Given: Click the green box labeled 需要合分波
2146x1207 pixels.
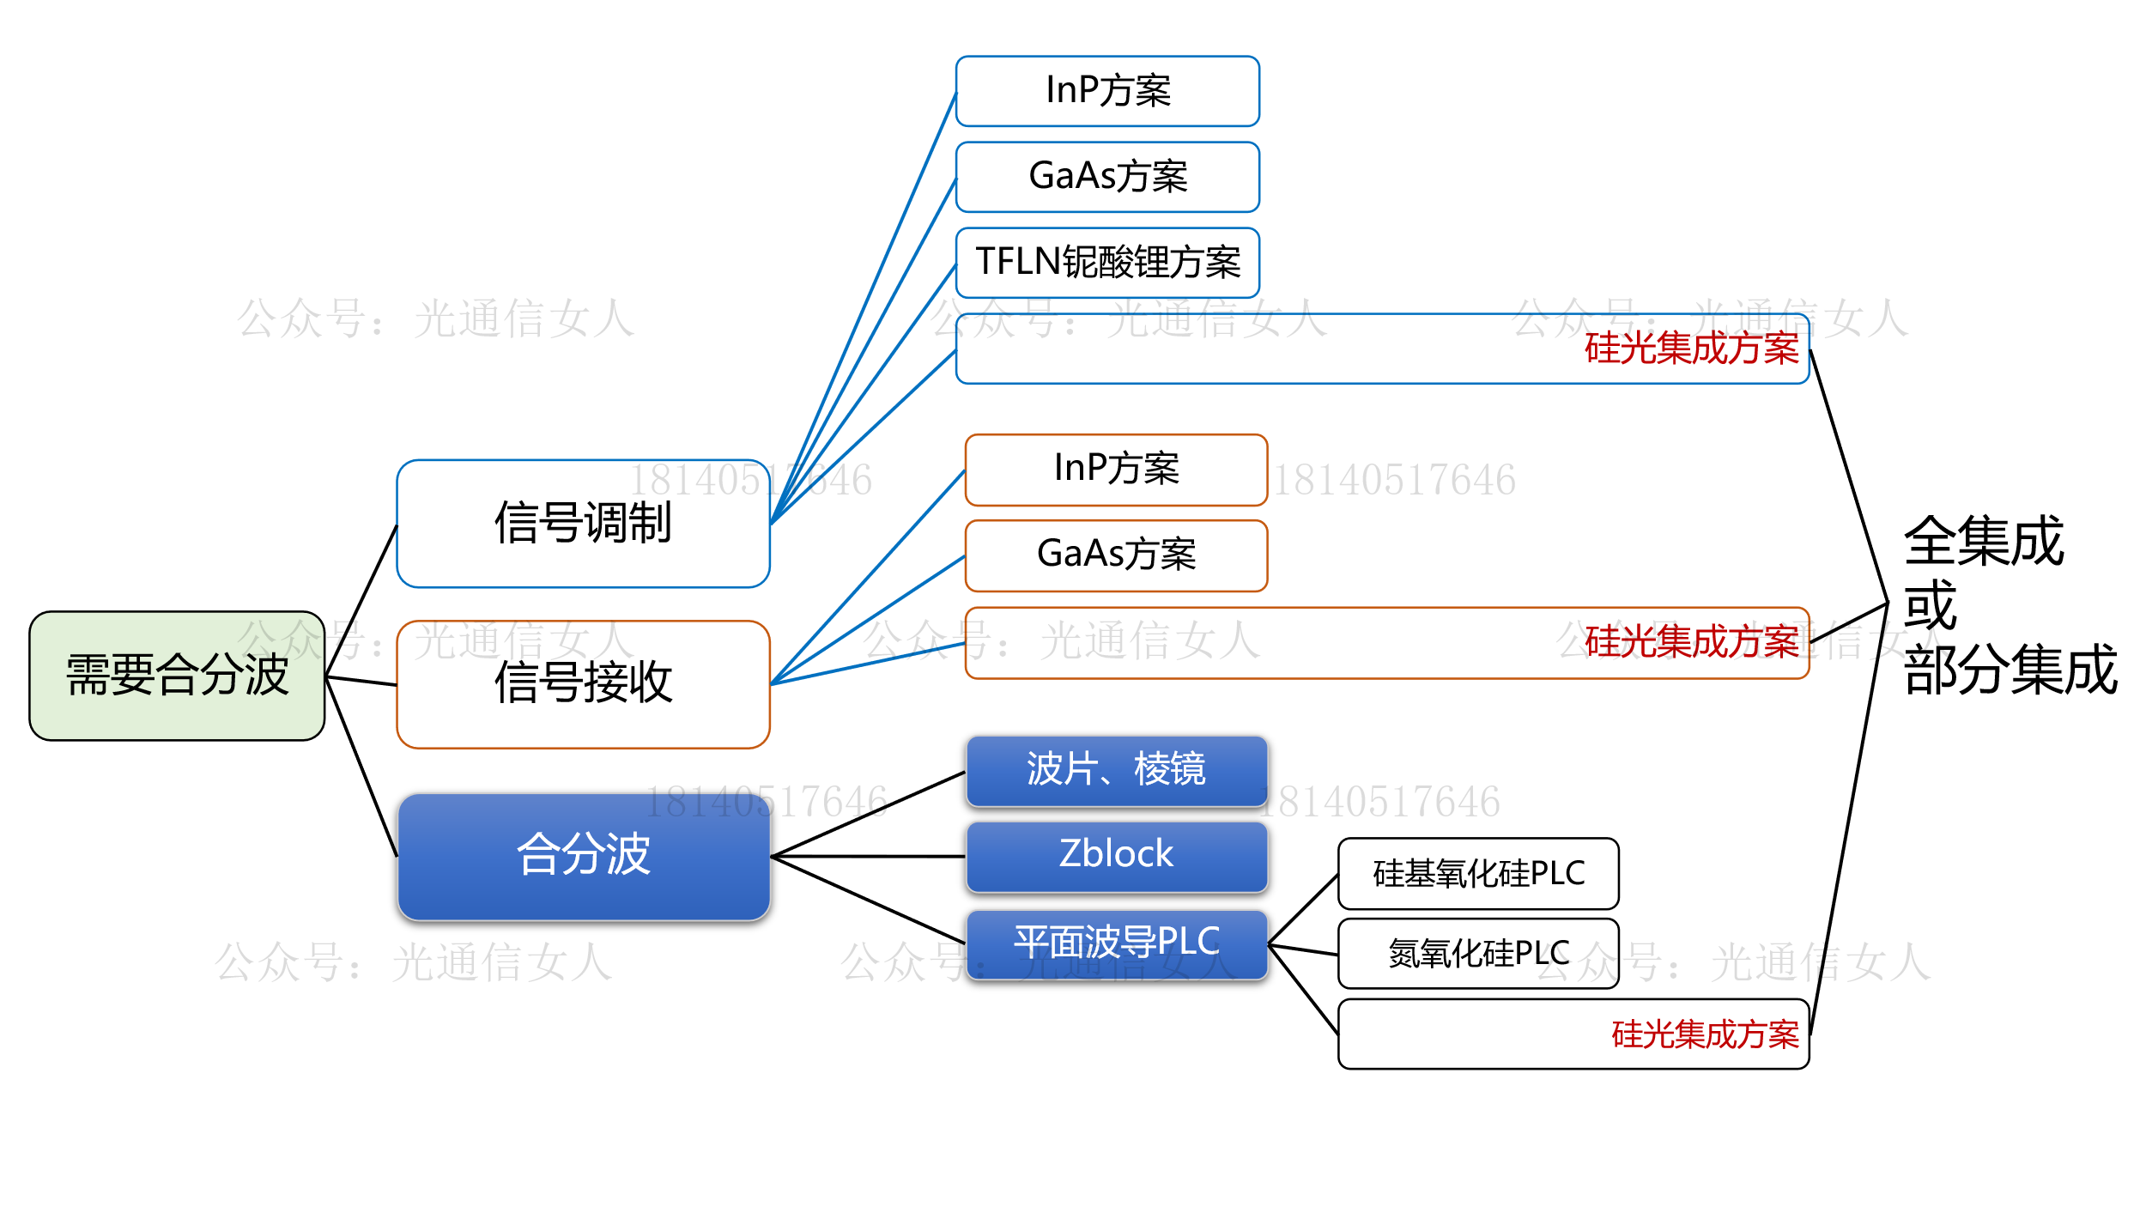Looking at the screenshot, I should coord(177,676).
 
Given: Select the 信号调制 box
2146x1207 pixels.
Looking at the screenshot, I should coord(583,524).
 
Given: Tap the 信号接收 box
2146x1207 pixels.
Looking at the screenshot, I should coord(583,684).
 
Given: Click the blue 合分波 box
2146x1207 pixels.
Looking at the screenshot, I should coord(583,856).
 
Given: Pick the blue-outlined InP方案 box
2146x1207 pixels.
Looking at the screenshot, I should coord(1107,91).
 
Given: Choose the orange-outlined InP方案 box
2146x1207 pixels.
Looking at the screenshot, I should coord(1116,470).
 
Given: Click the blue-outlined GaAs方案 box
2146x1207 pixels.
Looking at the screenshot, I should coord(1107,177).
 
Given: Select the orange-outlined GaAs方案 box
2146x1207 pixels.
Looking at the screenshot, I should coord(1116,555).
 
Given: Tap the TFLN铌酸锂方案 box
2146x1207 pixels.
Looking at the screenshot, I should coord(1107,263).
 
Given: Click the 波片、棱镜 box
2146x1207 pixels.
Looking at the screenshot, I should coord(1116,770).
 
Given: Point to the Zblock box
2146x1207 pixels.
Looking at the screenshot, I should coord(1116,856).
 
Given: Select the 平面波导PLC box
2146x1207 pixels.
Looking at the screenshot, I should coord(1116,943).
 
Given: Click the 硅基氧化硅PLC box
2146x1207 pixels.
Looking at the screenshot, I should coord(1478,874).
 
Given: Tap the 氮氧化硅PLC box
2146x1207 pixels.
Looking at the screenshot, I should coord(1478,954).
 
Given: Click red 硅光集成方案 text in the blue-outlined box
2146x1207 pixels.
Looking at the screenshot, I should coord(1691,349).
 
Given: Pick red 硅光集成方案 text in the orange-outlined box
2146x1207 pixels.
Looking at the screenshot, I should coord(1691,642).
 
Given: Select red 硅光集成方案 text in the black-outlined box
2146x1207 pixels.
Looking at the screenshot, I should coord(1705,1034).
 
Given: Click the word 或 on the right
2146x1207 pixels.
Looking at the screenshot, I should coord(1930,605).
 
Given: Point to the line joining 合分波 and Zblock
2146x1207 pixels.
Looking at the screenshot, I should coord(867,857).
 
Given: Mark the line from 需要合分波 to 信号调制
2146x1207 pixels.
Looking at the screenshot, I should coord(361,601).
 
